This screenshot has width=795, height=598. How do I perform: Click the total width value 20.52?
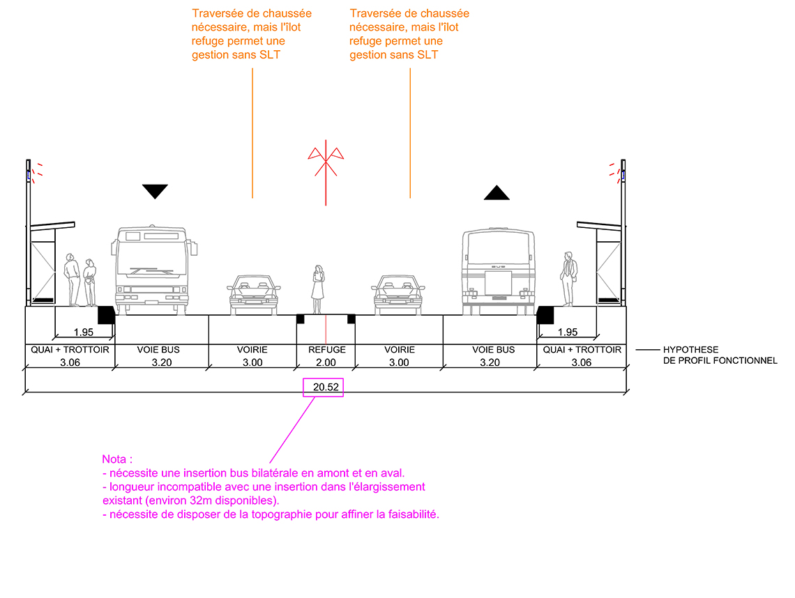pos(326,388)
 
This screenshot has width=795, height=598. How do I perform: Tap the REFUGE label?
pos(327,350)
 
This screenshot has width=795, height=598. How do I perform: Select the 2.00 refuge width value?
pos(326,362)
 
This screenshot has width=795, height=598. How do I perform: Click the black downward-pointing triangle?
pos(155,191)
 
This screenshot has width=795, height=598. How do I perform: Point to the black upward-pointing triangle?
pos(497,193)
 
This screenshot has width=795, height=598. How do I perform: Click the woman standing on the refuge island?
pos(318,289)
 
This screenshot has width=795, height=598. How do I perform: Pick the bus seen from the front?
pos(154,270)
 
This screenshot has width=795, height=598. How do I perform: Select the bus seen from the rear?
pos(499,272)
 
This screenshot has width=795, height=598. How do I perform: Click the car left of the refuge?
pos(254,294)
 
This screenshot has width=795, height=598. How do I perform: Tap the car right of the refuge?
pos(398,294)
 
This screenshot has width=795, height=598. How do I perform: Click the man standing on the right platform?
pos(568,279)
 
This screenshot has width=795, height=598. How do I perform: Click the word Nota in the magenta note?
pos(114,459)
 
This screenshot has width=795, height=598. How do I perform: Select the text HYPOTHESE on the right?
pos(690,350)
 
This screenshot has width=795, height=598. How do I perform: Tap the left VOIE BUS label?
pos(158,350)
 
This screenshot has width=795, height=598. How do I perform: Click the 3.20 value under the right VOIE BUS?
pos(490,362)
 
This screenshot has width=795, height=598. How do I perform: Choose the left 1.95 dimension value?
pos(84,332)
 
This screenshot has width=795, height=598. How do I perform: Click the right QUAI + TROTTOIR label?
pos(582,350)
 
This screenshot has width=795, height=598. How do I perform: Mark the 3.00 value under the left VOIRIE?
pos(252,362)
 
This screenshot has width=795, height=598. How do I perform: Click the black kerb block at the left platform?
pos(106,315)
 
